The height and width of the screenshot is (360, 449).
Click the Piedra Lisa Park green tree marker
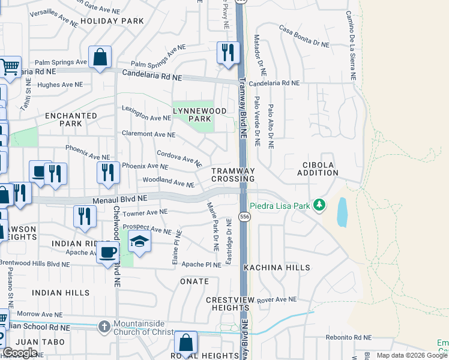coord(319,206)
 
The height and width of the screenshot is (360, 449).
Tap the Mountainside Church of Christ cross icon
coord(104,327)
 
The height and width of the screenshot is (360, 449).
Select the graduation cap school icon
coord(139,242)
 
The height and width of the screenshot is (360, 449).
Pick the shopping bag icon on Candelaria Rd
coord(100,58)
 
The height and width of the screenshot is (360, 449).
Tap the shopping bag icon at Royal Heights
coord(186,344)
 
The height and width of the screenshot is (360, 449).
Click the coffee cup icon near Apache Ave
coord(108,253)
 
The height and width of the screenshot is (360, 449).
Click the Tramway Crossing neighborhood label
coord(234,175)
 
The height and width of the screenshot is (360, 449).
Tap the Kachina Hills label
coord(277,268)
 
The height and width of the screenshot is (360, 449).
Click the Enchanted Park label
coord(71,119)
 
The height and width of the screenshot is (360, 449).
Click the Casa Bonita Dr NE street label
coord(304,36)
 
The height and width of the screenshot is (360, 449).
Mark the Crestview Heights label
coord(235,304)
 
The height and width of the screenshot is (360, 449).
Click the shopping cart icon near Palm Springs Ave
coord(10,68)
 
